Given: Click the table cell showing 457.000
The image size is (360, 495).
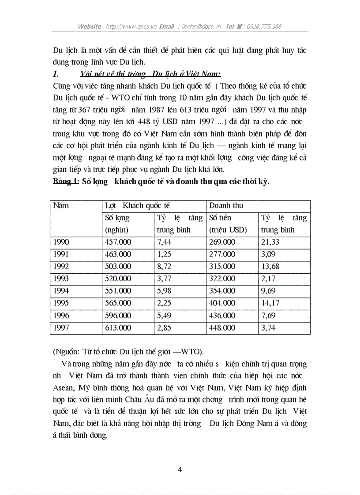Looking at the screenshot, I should [x=118, y=242].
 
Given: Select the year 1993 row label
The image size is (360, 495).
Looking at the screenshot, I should [x=61, y=279].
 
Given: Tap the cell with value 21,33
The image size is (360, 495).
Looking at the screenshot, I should [x=270, y=242].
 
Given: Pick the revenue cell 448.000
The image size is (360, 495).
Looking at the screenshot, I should [x=222, y=328].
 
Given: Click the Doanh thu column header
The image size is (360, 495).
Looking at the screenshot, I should [x=226, y=205].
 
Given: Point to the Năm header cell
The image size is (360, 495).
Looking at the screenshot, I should [x=61, y=205].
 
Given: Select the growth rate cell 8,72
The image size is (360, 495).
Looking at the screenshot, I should [x=166, y=267].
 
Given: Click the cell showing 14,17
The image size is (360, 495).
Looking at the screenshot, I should [x=270, y=303].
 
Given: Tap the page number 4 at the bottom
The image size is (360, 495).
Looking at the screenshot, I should [x=180, y=469].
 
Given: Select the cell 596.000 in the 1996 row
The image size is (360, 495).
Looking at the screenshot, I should [x=118, y=316].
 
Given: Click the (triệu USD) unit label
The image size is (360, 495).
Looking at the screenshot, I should [x=228, y=230].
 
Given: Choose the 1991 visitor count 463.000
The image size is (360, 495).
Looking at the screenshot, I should [x=118, y=254].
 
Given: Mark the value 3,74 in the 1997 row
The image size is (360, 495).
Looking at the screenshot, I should [x=270, y=328].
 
